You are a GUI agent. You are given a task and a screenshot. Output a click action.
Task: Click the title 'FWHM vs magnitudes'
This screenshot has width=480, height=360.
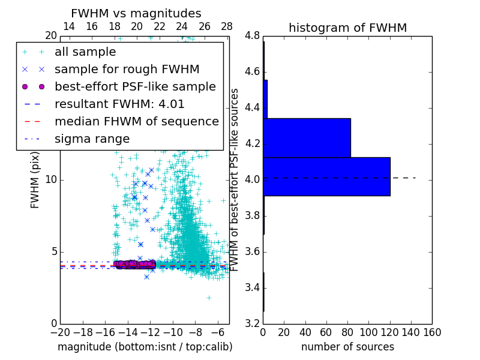click(136, 14)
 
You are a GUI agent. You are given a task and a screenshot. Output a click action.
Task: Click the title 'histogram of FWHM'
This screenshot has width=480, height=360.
click(347, 28)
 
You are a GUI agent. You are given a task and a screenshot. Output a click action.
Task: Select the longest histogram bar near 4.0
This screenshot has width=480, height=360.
click(326, 176)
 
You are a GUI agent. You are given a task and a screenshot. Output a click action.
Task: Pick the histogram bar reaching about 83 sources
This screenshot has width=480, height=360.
click(307, 137)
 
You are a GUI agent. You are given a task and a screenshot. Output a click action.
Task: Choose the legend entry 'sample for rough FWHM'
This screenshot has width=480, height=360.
click(127, 69)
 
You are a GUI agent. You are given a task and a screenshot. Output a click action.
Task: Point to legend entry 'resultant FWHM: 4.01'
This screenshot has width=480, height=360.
click(119, 104)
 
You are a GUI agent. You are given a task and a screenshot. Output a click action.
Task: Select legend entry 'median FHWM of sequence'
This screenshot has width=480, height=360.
click(137, 121)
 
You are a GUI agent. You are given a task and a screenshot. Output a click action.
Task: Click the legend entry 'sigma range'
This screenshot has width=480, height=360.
click(92, 139)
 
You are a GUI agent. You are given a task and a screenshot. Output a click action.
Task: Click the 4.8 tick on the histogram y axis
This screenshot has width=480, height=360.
click(252, 35)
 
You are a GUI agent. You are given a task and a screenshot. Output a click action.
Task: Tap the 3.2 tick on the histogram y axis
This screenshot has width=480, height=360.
click(252, 323)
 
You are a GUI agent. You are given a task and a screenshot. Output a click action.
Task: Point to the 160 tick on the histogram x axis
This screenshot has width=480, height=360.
click(432, 332)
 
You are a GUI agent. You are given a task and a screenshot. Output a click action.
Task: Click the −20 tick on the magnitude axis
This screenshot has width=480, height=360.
click(60, 332)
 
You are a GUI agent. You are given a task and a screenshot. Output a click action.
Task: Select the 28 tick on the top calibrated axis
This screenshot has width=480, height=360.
click(227, 26)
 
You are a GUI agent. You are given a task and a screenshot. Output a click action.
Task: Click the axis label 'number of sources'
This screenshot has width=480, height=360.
click(347, 347)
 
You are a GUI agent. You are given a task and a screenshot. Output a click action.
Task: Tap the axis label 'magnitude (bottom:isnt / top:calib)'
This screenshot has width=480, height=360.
click(145, 347)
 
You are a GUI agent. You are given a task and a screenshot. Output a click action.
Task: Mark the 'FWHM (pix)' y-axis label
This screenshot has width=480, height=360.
click(35, 180)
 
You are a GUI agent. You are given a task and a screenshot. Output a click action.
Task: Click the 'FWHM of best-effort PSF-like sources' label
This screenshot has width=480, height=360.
click(236, 179)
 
